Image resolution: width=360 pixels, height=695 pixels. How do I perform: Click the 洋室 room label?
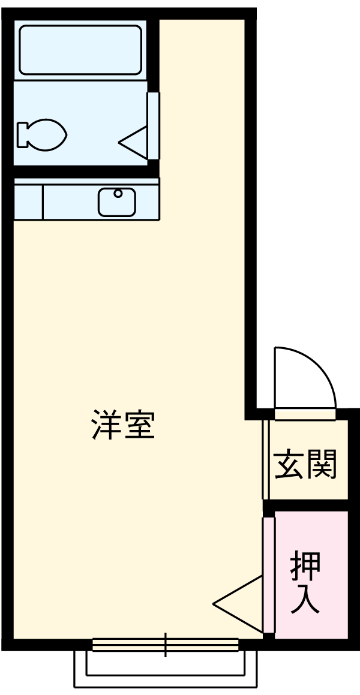coord(124,425)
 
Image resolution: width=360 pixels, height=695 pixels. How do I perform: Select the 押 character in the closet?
coord(305,564)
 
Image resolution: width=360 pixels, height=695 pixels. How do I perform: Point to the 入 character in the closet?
coord(305,600)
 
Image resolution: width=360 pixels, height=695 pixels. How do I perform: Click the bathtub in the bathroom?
coord(80,50)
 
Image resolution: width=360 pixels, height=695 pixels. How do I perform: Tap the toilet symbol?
coord(42,134)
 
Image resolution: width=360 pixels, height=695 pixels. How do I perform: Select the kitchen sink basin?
coord(117,201)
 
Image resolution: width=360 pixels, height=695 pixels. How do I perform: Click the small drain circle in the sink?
coord(118,194)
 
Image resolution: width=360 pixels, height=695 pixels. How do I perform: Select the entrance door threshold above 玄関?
coord(305,414)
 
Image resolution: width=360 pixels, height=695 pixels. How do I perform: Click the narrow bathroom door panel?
coord(154,126)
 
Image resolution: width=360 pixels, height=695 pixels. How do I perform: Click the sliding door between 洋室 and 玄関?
coord(265,459)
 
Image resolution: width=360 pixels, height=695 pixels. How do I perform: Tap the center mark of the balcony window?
coord(166,645)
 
